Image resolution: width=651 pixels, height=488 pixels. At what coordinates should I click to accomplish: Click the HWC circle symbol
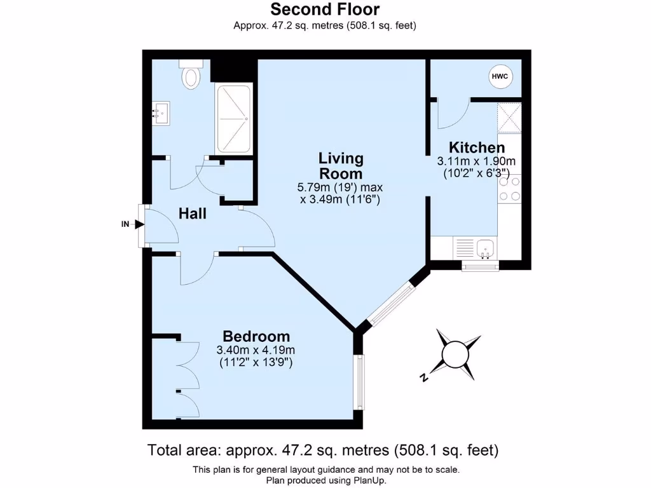[500, 77]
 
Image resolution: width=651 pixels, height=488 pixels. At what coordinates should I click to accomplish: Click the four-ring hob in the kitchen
[509, 189]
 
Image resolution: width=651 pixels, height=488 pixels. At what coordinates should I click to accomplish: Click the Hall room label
[192, 214]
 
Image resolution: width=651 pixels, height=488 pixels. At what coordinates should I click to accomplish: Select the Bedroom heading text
[256, 336]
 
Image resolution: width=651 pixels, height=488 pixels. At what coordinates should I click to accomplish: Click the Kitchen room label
[477, 147]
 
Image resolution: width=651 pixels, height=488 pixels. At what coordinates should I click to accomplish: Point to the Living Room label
[341, 165]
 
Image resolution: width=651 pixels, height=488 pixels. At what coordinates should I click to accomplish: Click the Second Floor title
[325, 10]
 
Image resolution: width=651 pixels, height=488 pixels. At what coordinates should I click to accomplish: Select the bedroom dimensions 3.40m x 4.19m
[256, 350]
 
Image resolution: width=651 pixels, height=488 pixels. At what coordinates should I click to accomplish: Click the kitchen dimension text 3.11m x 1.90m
[476, 161]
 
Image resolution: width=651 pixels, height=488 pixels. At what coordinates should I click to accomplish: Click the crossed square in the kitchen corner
[509, 118]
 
